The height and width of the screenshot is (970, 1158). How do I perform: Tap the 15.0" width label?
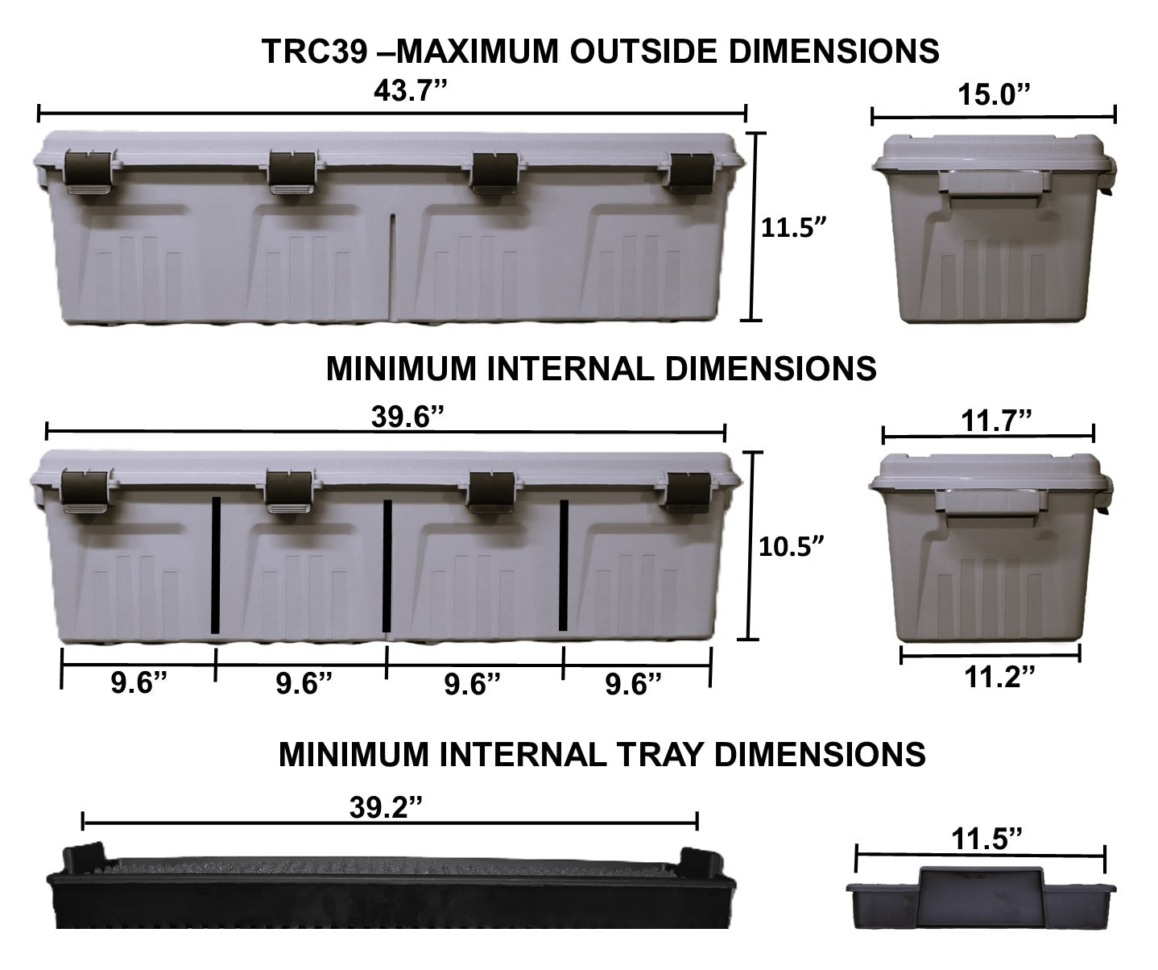pyautogui.click(x=994, y=95)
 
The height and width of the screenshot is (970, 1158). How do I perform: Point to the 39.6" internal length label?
pyautogui.click(x=407, y=417)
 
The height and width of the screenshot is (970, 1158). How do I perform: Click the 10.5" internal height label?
pyautogui.click(x=792, y=547)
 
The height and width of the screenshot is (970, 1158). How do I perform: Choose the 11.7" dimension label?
pyautogui.click(x=996, y=420)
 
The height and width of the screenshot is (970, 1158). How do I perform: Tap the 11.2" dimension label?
pyautogui.click(x=999, y=677)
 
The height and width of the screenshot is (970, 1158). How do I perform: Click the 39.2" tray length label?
pyautogui.click(x=386, y=806)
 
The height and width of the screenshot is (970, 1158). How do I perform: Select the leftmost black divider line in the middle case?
pyautogui.click(x=216, y=565)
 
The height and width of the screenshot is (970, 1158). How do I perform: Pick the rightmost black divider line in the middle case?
pyautogui.click(x=564, y=565)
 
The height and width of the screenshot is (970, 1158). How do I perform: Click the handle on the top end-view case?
pyautogui.click(x=995, y=185)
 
